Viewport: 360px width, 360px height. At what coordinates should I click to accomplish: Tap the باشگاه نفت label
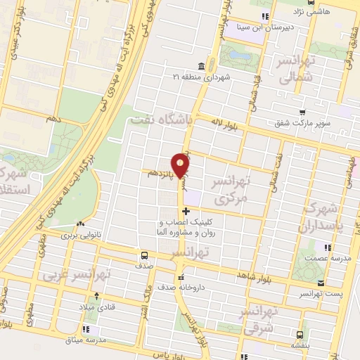tap(161, 120)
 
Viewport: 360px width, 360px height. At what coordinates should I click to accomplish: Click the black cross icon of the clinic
tap(186, 211)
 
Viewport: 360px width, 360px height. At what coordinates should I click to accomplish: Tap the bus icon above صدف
tap(144, 255)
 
